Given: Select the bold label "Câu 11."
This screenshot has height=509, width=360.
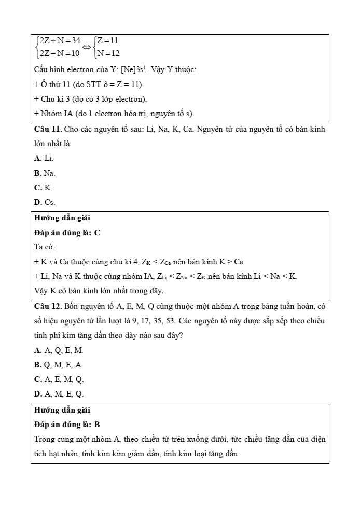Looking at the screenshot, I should pos(48,129).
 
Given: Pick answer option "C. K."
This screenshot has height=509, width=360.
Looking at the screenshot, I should pos(43,187).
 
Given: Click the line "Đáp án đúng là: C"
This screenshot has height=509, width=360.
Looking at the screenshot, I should pos(67,233).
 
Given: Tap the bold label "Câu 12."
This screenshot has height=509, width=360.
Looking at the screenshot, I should pos(48,306).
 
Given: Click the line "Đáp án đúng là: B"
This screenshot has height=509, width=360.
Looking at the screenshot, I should pos(67,425).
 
